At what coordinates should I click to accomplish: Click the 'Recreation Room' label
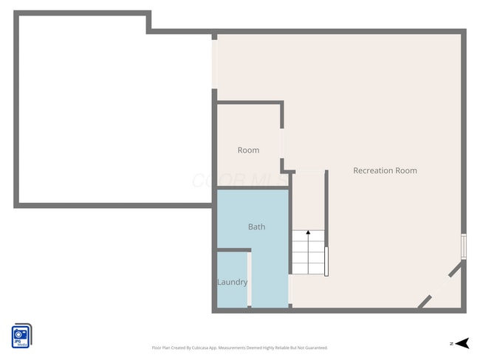pos(385,170)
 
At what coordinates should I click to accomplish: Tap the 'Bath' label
pos(256,226)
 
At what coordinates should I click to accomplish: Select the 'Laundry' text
pos(232,282)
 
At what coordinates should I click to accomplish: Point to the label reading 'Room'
pos(248,150)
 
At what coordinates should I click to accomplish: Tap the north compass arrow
pos(462,343)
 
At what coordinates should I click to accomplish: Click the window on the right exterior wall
pos(464,246)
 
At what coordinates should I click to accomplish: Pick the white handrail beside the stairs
pos(326,261)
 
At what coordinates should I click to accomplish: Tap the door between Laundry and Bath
pos(250,280)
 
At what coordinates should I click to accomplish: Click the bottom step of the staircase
pos(308,269)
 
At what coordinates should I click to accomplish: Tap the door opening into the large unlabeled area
pos(215,63)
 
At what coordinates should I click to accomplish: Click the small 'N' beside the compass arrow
pos(450,344)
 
